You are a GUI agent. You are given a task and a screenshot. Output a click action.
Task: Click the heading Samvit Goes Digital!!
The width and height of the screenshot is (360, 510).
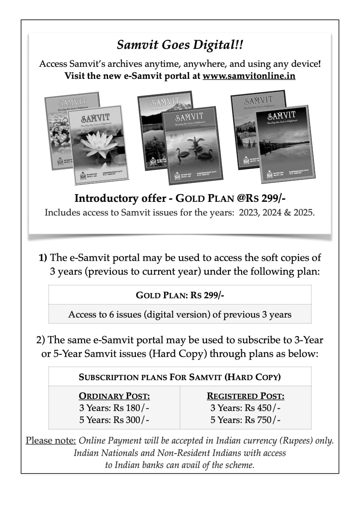pyautogui.click(x=180, y=45)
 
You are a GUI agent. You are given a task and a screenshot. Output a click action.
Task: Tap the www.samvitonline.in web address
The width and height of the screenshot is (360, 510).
pyautogui.click(x=249, y=76)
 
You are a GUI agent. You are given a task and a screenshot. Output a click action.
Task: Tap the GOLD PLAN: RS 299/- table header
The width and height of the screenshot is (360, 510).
pyautogui.click(x=180, y=295)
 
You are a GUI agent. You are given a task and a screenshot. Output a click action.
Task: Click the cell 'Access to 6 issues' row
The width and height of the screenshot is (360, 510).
pyautogui.click(x=180, y=314)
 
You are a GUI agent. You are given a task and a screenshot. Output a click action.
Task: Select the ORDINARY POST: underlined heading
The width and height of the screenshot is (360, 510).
pyautogui.click(x=114, y=396)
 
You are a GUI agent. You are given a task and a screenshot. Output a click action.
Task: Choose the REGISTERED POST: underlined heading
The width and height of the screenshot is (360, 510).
pyautogui.click(x=246, y=396)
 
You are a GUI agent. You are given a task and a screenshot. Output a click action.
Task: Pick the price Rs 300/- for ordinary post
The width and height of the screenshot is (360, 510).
pyautogui.click(x=131, y=420)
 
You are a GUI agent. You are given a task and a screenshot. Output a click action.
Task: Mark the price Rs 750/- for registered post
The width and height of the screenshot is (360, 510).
pyautogui.click(x=262, y=420)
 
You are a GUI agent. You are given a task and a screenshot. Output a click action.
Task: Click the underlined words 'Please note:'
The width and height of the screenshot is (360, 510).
pyautogui.click(x=51, y=441)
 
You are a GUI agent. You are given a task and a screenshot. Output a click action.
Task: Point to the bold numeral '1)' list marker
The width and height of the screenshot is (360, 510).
pyautogui.click(x=43, y=258)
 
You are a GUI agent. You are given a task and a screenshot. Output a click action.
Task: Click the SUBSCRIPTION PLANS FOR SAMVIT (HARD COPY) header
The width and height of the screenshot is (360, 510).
pyautogui.click(x=180, y=377)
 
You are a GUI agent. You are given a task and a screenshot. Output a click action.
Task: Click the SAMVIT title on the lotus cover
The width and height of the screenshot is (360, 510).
pyautogui.click(x=95, y=117)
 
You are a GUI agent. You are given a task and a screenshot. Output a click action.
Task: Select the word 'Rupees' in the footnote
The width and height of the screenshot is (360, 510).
pyautogui.click(x=303, y=441)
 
